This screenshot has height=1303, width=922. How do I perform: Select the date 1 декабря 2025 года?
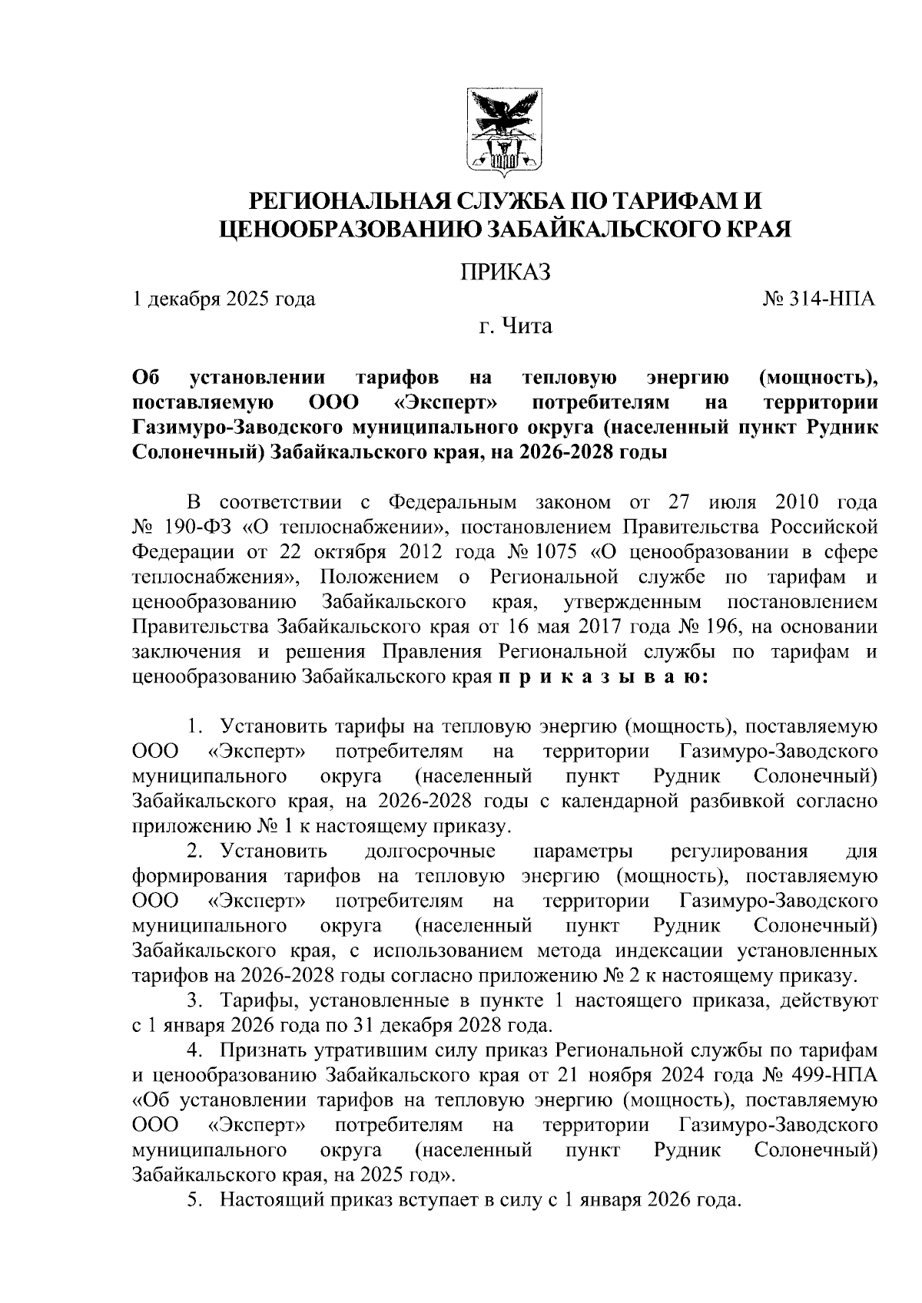[x=224, y=299]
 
